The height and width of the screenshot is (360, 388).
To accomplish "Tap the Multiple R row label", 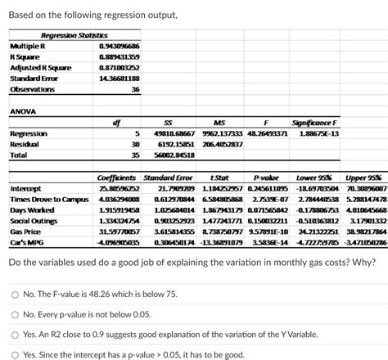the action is click(26, 47).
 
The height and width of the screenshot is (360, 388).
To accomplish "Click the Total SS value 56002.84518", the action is click(156, 155).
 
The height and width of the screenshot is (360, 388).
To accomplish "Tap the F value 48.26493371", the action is click(263, 133).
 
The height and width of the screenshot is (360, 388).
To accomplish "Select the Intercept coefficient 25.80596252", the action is click(119, 187).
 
